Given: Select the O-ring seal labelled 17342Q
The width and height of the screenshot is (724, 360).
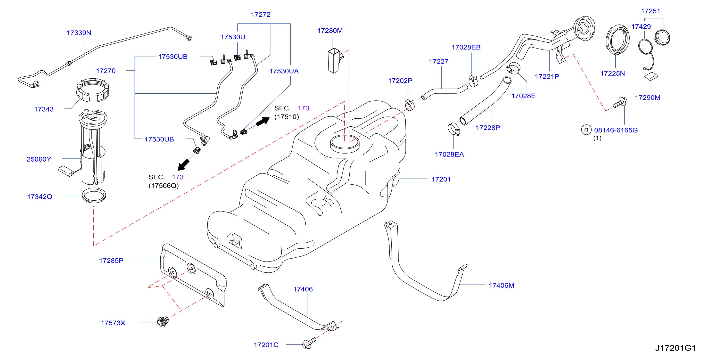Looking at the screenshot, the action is tap(94, 195).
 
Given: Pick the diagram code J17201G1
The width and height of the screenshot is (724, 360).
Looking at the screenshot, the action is tap(676, 348).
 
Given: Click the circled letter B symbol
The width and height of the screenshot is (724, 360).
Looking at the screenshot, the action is tap(586, 130).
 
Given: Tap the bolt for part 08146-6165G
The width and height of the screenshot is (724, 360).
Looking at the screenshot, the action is tap(620, 103).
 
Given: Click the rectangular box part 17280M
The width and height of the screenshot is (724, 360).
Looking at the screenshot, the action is tap(335, 61).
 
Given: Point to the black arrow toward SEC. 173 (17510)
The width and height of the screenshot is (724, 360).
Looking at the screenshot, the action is tap(263, 121).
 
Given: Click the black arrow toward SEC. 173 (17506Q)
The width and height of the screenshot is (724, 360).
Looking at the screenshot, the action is tap(183, 165).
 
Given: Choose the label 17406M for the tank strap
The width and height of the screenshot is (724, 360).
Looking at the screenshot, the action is tap(502, 286).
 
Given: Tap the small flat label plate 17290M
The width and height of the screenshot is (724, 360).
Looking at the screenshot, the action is tap(651, 76).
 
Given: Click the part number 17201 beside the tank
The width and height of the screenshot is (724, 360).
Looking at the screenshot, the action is tap(441, 179).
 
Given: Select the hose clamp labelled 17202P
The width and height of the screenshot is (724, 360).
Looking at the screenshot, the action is tap(410, 105).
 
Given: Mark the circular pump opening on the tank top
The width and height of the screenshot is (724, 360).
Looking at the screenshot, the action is tap(345, 144).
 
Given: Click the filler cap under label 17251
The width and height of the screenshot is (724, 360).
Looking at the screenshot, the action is tap(662, 37).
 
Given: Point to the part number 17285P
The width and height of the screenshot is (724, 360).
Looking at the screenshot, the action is tap(111, 261).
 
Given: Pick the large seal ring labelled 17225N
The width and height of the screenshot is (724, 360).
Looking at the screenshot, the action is tap(617, 39).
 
